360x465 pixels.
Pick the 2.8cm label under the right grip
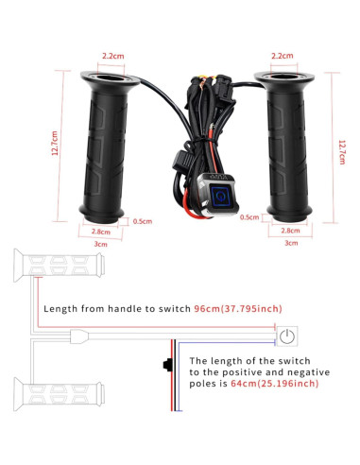coord(291,230)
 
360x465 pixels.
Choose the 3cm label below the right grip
coord(291,243)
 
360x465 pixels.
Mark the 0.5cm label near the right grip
coord(249,218)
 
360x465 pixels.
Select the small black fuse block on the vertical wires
coord(166,364)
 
